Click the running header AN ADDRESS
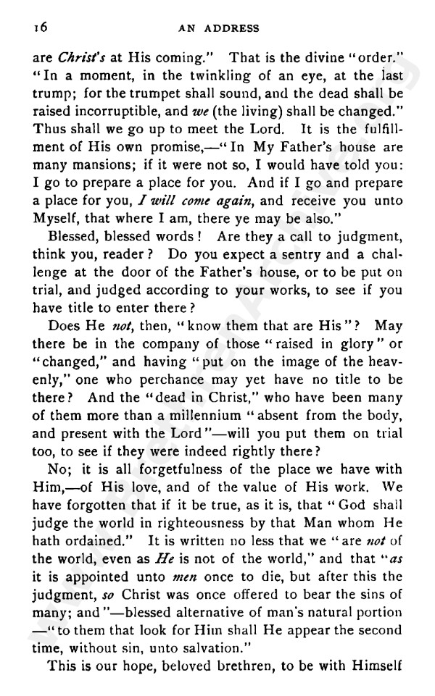click(218, 28)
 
